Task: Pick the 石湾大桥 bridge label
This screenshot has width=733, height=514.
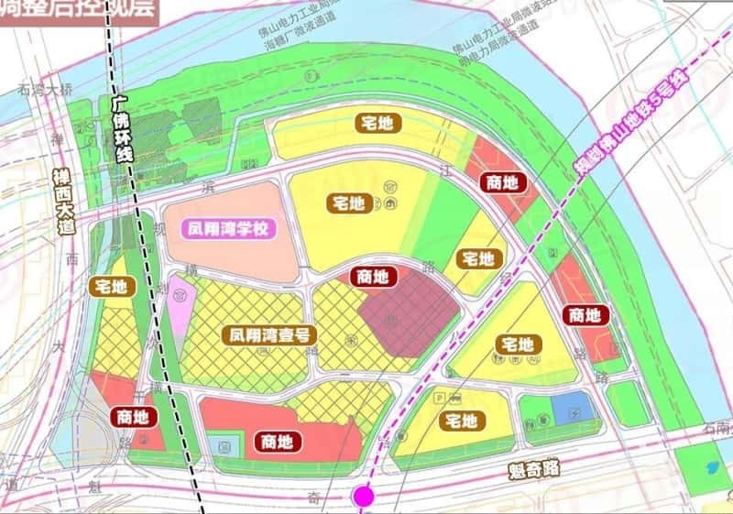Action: [x=44, y=90]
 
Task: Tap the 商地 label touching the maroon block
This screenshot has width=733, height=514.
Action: [x=373, y=276]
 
